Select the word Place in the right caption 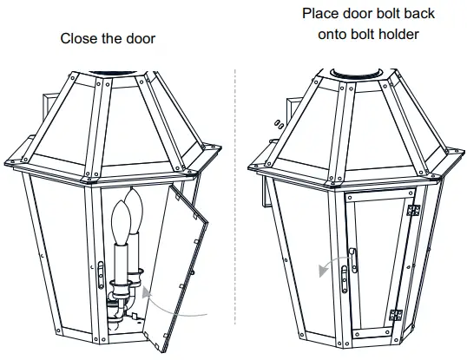321,15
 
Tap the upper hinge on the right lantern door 414,211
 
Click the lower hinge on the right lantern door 397,316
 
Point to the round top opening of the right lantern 358,70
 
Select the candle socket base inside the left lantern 122,304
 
